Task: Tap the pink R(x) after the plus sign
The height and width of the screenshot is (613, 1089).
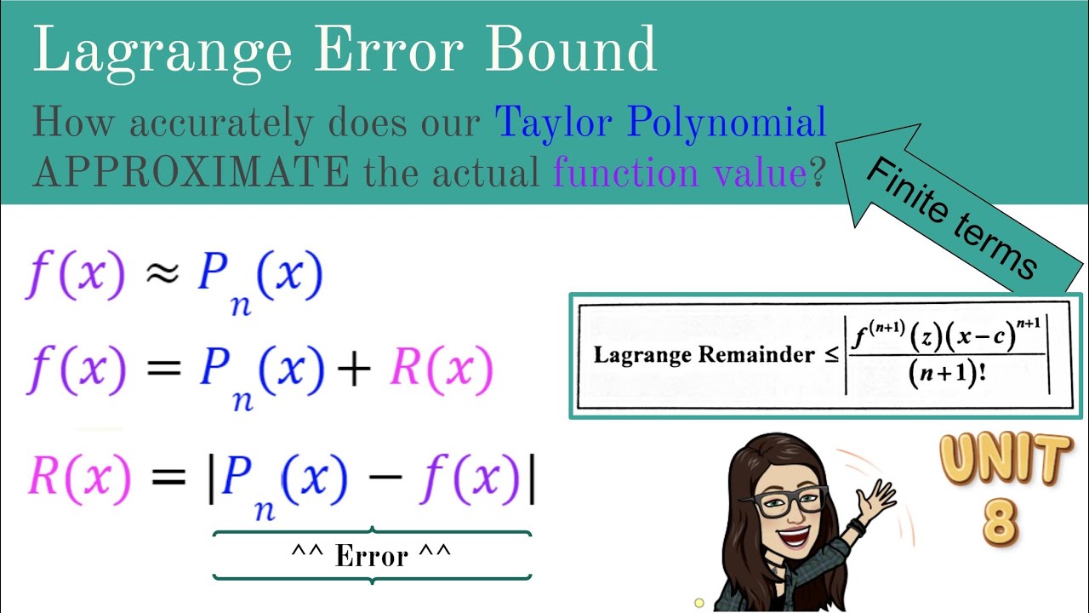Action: coord(441,371)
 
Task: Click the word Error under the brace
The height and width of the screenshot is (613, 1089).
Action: coord(371,556)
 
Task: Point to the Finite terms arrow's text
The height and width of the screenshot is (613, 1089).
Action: coord(952,218)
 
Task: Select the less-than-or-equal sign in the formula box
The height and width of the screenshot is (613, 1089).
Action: coord(831,355)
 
